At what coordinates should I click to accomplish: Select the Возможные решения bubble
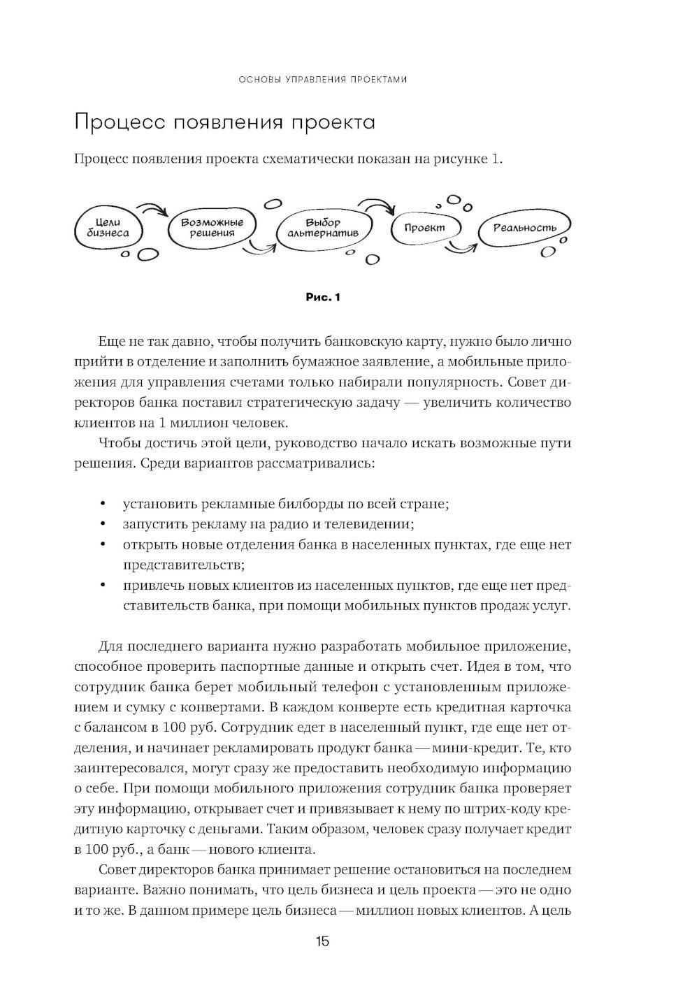pos(212,227)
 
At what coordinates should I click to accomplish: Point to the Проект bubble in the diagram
pos(424,228)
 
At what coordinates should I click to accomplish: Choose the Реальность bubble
pos(524,228)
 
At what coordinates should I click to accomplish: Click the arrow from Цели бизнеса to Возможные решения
pos(152,209)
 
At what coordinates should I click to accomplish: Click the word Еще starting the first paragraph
pos(113,342)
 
